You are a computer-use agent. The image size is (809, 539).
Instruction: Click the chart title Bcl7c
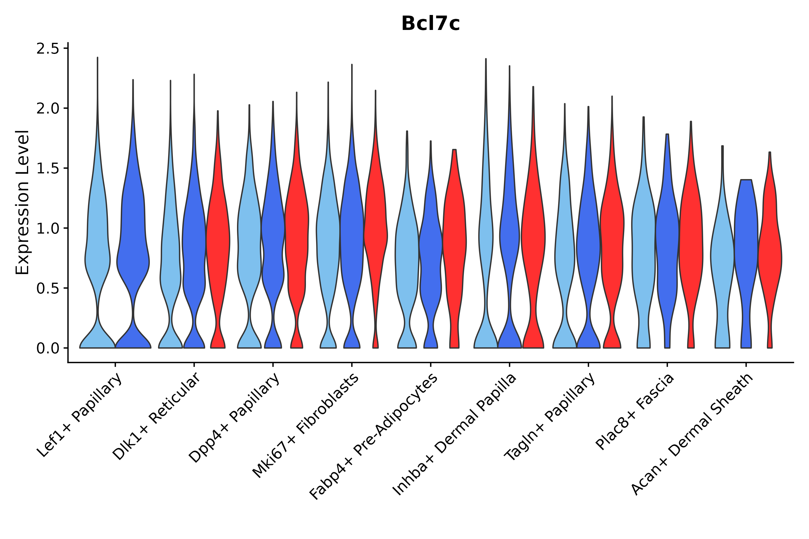click(430, 24)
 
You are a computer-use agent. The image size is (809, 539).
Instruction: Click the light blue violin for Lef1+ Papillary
click(97, 241)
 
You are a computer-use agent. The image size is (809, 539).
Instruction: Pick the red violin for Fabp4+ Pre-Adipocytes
click(454, 241)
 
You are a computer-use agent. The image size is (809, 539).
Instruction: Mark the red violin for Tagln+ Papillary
click(612, 241)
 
